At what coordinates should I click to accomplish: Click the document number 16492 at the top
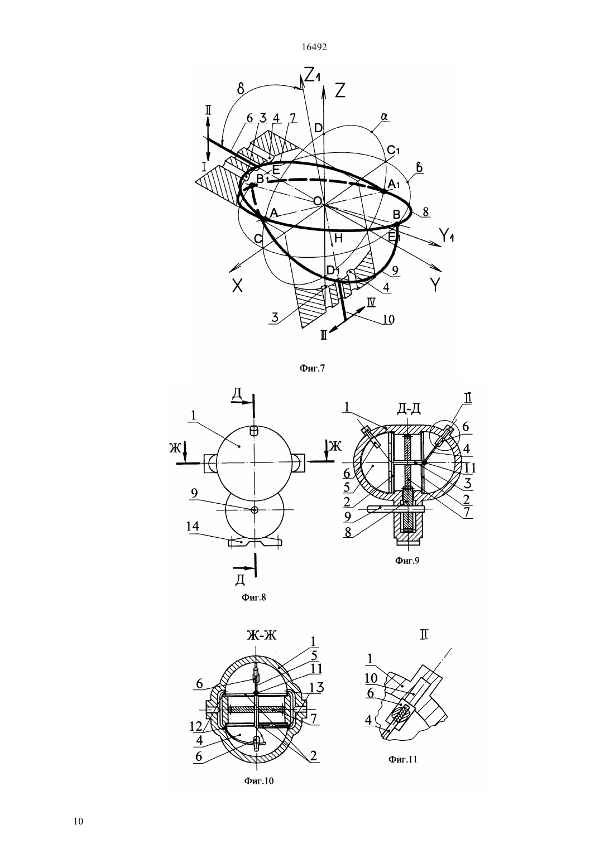pos(314,47)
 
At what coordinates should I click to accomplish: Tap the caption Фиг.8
pos(254,597)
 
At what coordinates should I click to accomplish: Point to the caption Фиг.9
pos(407,560)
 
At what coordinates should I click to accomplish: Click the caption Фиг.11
pos(403,759)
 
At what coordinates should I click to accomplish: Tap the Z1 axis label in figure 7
pos(312,75)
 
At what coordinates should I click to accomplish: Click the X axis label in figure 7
pos(238,286)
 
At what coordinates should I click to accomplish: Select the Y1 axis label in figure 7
pos(446,235)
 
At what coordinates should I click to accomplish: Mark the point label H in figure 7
pos(338,238)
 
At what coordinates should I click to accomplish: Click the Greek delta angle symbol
pos(241,90)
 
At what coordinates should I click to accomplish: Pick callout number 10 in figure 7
pos(388,319)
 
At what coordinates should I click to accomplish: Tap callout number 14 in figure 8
pos(192,526)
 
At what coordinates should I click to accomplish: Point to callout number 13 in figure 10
pos(316,687)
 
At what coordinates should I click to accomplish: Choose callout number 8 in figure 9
pos(348,532)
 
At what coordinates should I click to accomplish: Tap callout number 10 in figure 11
pos(371,678)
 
